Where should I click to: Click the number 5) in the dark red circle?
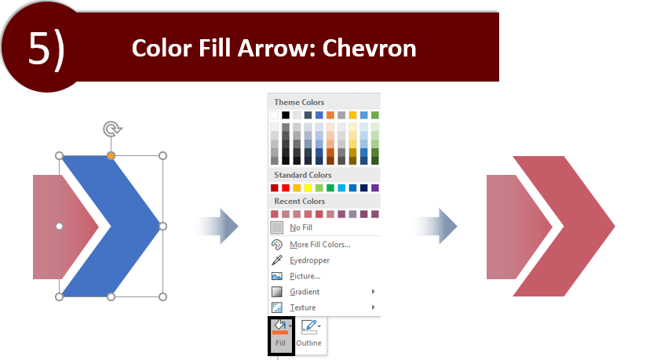46,49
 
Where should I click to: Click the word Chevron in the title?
369,49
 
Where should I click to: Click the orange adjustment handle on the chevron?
111,155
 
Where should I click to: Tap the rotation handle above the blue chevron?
112,129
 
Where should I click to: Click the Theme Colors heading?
299,103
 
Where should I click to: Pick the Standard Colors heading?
303,175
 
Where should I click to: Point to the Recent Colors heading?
300,202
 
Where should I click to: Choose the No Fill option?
301,227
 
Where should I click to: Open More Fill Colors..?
320,245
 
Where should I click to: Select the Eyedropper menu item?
309,260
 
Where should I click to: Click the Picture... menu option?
305,276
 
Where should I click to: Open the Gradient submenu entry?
305,293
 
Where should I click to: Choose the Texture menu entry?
303,308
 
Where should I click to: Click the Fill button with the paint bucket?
281,335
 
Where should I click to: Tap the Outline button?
309,334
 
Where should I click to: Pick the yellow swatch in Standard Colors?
308,188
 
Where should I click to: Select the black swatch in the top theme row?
285,115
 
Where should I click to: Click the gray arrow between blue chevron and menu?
217,226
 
